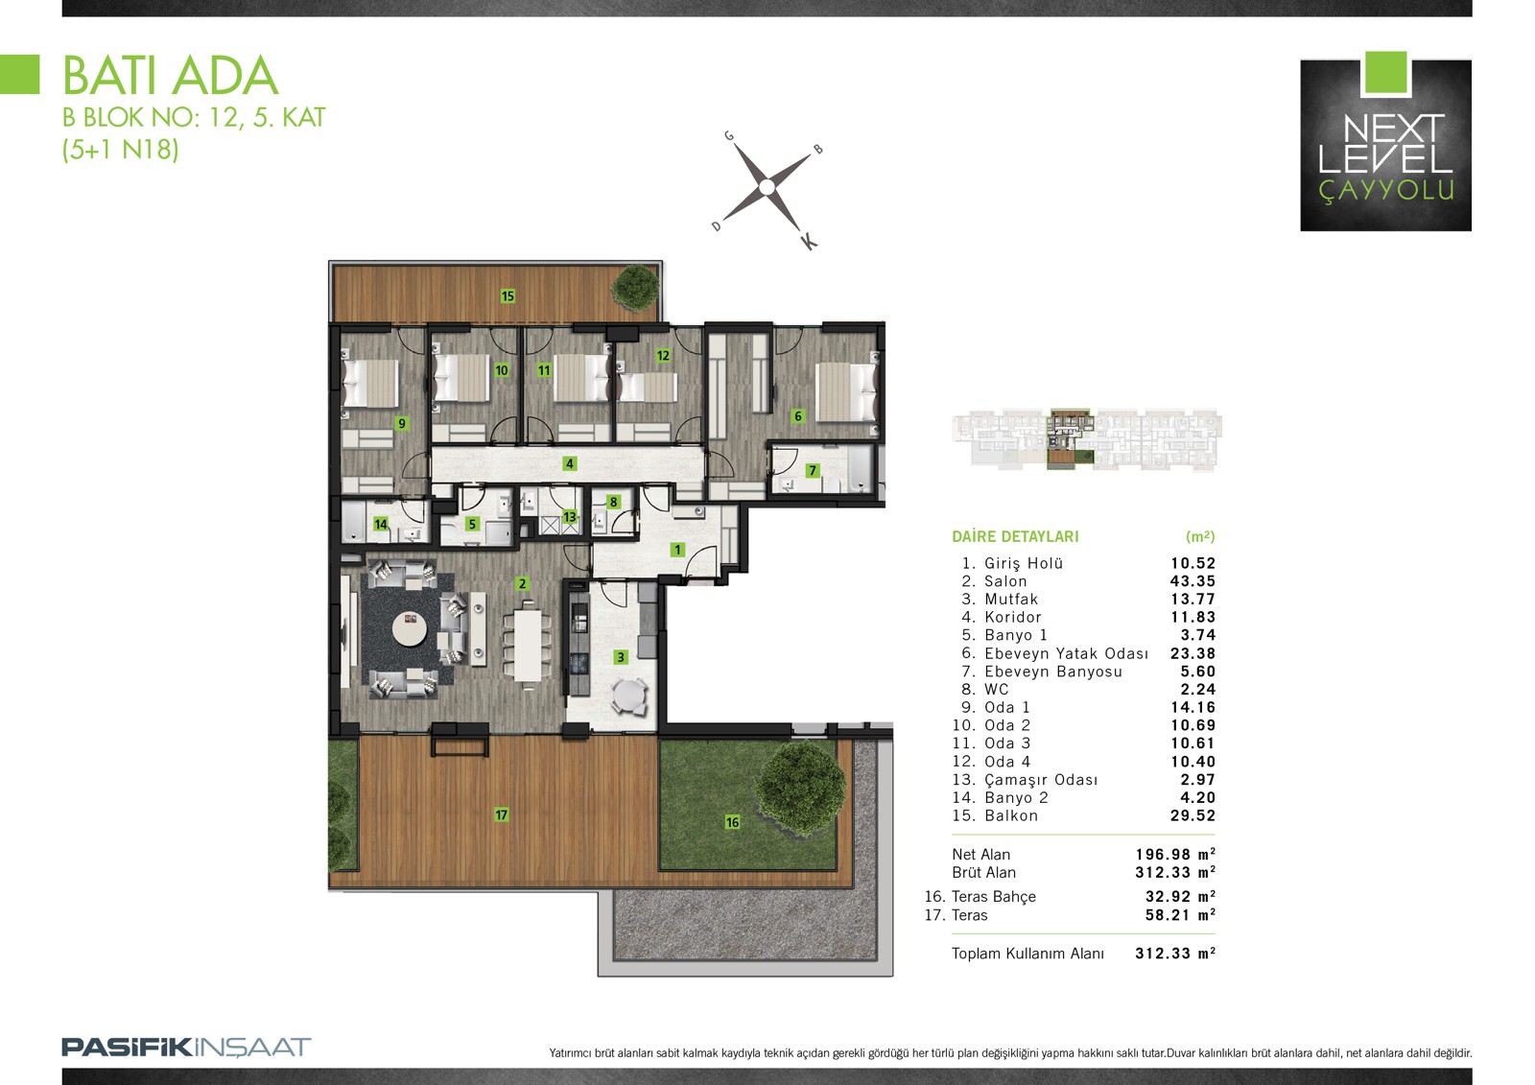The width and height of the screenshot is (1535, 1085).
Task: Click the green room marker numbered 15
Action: (x=508, y=296)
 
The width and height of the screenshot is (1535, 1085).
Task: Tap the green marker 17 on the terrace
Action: (x=502, y=814)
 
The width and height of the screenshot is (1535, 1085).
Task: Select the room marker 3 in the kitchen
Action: (x=621, y=657)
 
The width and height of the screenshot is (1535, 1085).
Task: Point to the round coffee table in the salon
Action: (x=410, y=627)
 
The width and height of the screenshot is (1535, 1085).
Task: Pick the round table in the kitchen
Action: (x=628, y=696)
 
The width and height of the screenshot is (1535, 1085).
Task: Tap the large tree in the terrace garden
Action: (x=801, y=788)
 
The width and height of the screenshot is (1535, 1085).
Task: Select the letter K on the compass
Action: (x=810, y=241)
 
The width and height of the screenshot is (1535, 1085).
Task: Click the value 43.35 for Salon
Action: (x=1193, y=581)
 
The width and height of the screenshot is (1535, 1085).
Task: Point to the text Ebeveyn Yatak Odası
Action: (x=1066, y=653)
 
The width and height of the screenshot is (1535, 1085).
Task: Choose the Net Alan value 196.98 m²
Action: (x=1175, y=854)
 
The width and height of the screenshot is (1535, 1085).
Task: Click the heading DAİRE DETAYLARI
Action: (x=1015, y=536)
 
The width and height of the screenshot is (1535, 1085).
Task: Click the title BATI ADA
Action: (x=171, y=76)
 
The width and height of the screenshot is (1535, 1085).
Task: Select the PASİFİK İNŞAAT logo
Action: (x=186, y=1048)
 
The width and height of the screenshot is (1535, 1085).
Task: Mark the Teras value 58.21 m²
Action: (x=1180, y=915)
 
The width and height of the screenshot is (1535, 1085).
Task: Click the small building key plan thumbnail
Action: (x=1087, y=440)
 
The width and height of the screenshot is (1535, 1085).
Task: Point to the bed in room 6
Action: (x=846, y=391)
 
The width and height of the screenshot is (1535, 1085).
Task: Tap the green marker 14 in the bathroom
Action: (x=381, y=525)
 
